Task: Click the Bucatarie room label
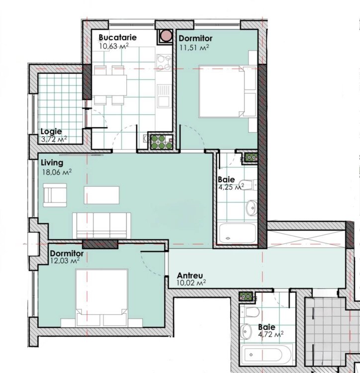pyautogui.click(x=117, y=38)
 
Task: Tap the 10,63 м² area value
pyautogui.click(x=114, y=46)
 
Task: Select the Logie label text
pyautogui.click(x=51, y=132)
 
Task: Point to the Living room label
pyautogui.click(x=52, y=163)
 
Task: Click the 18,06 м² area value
pyautogui.click(x=57, y=172)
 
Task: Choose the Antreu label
pyautogui.click(x=190, y=276)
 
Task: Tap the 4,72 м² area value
pyautogui.click(x=270, y=335)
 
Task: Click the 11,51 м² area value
pyautogui.click(x=194, y=47)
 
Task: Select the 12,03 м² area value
pyautogui.click(x=65, y=261)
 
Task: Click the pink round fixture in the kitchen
pyautogui.click(x=166, y=36)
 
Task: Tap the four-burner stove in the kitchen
pyautogui.click(x=164, y=63)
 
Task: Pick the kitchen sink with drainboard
pyautogui.click(x=164, y=95)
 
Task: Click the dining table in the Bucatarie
pyautogui.click(x=109, y=85)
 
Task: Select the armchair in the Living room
pyautogui.click(x=55, y=195)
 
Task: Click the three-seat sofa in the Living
pyautogui.click(x=101, y=225)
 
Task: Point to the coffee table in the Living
pyautogui.click(x=101, y=195)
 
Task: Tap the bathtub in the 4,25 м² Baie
pyautogui.click(x=238, y=233)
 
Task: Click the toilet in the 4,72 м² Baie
pyautogui.click(x=250, y=312)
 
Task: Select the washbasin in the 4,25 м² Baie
pyautogui.click(x=252, y=208)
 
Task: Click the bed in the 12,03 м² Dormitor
pyautogui.click(x=101, y=297)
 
